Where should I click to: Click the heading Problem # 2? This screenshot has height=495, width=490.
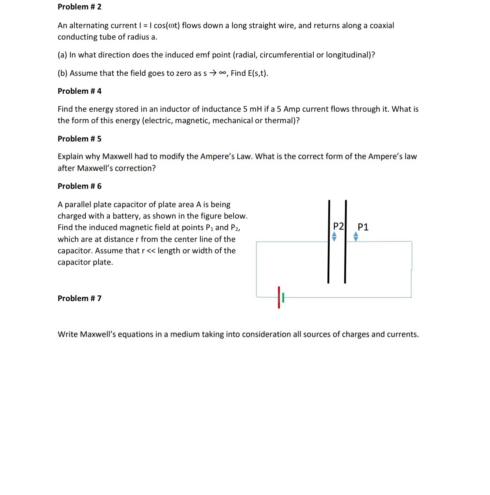79,7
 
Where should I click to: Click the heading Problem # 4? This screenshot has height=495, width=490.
79,91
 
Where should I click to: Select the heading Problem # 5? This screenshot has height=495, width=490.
79,139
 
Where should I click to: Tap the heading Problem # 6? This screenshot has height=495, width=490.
79,186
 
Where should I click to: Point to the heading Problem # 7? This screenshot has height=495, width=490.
79,298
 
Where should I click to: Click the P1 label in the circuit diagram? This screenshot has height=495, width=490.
363,227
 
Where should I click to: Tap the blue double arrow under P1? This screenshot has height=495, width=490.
356,237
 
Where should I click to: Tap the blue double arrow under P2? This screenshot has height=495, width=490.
334,237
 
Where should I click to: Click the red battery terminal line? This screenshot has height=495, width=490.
279,297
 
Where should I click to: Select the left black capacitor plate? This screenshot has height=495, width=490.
328,242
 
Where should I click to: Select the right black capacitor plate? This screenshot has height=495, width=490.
345,242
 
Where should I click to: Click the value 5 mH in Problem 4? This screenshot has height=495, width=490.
251,109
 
